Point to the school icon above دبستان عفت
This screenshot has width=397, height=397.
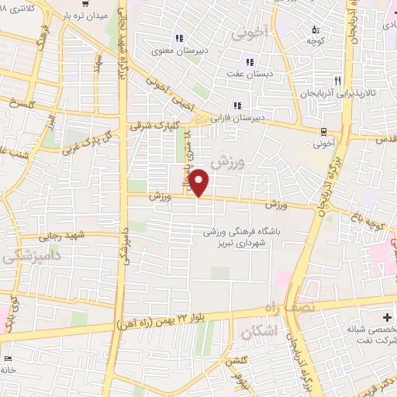[x=249, y=62]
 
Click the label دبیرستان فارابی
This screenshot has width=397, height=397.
[x=262, y=118]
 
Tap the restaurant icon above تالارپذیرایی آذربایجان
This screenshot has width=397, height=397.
[x=337, y=80]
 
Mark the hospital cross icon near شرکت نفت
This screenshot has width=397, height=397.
[x=387, y=317]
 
